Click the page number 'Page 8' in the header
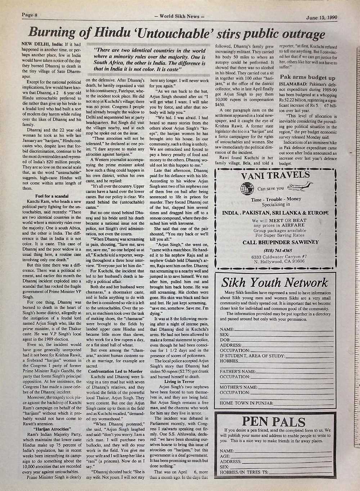tap(30, 15)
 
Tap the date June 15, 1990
tap(322, 17)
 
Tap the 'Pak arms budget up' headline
tap(307, 77)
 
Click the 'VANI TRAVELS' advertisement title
tap(275, 175)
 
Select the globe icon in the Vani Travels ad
tap(247, 188)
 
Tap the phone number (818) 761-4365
tap(275, 250)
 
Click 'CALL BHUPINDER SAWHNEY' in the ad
tap(275, 242)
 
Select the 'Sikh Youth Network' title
tap(274, 282)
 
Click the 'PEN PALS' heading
tap(274, 422)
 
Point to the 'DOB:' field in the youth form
tap(225, 340)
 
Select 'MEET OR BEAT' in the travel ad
tap(286, 220)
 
